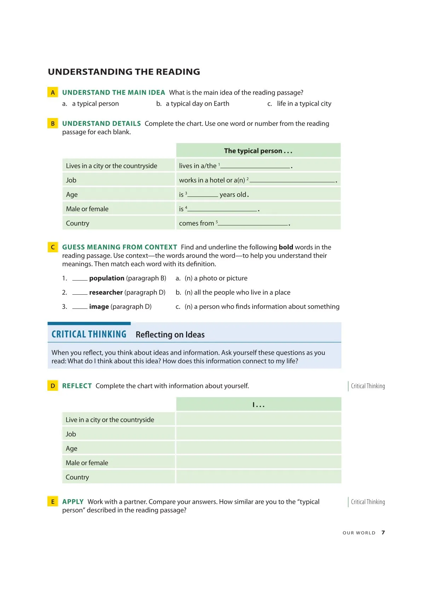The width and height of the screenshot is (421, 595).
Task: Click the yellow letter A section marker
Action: (x=53, y=93)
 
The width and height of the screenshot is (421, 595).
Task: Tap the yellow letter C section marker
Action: (x=53, y=247)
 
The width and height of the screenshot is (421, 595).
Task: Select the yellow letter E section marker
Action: (x=53, y=502)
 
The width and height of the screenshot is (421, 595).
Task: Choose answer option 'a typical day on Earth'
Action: (x=197, y=104)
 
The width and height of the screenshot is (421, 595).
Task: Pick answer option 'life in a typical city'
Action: (x=304, y=104)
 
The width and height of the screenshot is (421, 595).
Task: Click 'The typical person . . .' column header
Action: (x=258, y=151)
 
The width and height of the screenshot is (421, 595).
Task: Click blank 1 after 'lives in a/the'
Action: (x=255, y=166)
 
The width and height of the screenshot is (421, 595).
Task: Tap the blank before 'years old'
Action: (x=203, y=194)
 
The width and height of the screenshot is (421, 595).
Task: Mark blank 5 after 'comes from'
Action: (x=253, y=223)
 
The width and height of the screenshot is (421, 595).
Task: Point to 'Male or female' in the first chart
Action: (x=87, y=209)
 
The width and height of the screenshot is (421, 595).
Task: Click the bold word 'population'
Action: (x=107, y=278)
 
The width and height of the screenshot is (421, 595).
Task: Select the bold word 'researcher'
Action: (x=106, y=293)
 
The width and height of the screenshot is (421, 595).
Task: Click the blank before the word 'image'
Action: (x=80, y=307)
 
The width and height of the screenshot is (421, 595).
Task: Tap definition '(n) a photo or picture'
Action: (x=216, y=278)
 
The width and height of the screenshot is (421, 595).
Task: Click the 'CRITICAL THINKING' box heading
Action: (x=89, y=334)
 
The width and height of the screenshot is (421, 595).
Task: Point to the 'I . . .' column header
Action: (x=258, y=405)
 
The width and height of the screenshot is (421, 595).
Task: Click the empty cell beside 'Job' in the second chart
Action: (x=258, y=434)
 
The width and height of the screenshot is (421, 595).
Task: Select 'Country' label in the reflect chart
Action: (x=77, y=477)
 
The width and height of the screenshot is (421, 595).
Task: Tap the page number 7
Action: (x=383, y=533)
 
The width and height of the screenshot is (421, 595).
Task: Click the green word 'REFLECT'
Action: (x=77, y=386)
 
